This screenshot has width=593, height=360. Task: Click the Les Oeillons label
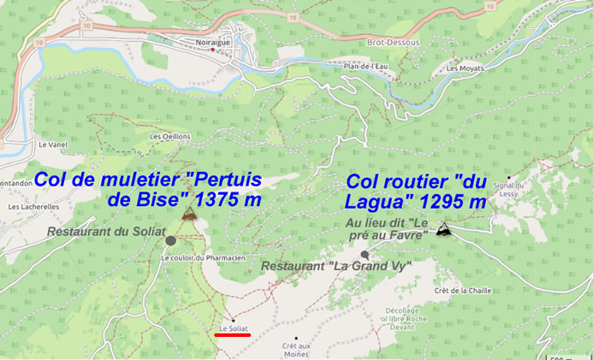(169, 136)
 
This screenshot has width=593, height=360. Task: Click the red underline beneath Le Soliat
(233, 335)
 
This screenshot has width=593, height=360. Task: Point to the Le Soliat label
(233, 328)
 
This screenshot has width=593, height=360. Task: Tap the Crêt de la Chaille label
(463, 291)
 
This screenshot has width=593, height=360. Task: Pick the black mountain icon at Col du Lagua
(443, 228)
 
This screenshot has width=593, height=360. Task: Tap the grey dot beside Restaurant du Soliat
(170, 241)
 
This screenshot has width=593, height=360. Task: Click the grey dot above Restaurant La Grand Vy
(365, 255)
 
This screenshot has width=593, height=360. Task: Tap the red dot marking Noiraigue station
(212, 50)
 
